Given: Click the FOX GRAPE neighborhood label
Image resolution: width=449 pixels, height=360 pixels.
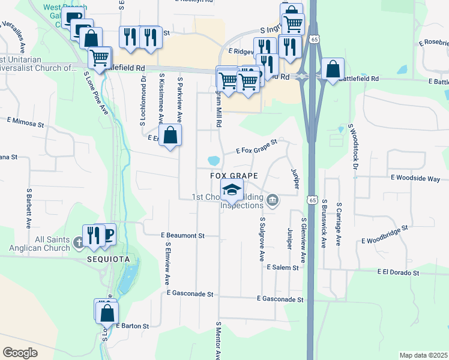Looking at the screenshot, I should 234,176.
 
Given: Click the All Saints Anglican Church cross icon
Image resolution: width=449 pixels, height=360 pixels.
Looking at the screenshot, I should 79,244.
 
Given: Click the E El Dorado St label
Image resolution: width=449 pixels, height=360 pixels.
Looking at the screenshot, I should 398,272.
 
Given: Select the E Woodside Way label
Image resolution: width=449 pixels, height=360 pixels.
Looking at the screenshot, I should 415,179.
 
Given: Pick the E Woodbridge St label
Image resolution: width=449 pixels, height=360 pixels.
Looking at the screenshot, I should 384,235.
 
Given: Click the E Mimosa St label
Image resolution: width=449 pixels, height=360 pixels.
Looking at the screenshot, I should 26,120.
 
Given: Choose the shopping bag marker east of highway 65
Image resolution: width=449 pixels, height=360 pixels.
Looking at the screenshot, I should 332,69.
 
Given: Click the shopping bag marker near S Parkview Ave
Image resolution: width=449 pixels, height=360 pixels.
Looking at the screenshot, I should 170,135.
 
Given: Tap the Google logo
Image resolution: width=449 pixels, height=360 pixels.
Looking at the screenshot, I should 20,353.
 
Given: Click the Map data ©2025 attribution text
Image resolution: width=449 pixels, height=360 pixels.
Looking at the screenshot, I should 423,355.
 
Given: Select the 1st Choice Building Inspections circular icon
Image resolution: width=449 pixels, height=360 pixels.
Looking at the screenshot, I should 273,199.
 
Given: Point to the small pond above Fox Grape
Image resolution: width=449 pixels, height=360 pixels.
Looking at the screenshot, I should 212,161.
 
